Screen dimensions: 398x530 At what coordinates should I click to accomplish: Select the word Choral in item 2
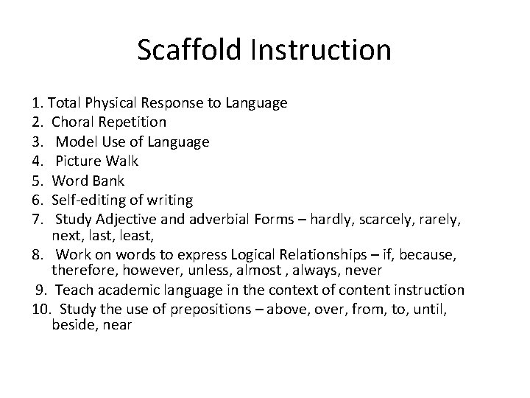(x=71, y=122)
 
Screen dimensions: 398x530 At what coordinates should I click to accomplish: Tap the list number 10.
(x=41, y=309)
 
